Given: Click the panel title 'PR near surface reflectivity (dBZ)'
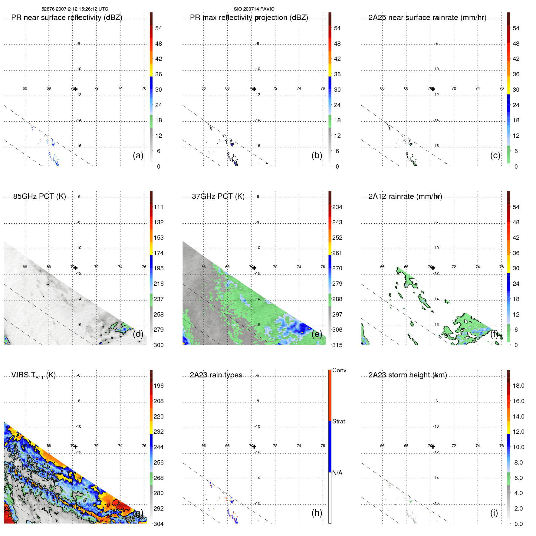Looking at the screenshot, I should [67, 18].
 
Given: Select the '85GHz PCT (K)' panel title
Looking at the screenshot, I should [39, 196].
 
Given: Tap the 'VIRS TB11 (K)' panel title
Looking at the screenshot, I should [33, 375].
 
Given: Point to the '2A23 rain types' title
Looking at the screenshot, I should [216, 375].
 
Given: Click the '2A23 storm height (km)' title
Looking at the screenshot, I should [407, 375].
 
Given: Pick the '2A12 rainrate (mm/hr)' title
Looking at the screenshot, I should [405, 196].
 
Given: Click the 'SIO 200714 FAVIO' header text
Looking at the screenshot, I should [254, 9].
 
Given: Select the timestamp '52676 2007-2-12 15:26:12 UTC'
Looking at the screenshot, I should [75, 9].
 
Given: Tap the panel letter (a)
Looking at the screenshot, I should [138, 155].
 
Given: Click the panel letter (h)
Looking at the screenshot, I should [317, 513].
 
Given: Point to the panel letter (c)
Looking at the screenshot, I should [495, 155].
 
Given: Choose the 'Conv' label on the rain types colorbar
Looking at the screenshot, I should [339, 370].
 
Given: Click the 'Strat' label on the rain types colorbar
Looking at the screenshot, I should [338, 421].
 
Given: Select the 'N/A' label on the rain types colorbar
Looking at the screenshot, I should [337, 473].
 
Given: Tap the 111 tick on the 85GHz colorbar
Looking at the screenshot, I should [158, 207].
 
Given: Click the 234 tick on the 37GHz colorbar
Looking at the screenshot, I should [337, 207].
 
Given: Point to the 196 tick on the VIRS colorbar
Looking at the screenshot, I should [158, 386].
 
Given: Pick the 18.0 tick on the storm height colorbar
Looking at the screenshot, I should [518, 386].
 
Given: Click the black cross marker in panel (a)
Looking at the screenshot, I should [75, 89].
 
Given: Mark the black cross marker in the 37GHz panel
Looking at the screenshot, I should [254, 268].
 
